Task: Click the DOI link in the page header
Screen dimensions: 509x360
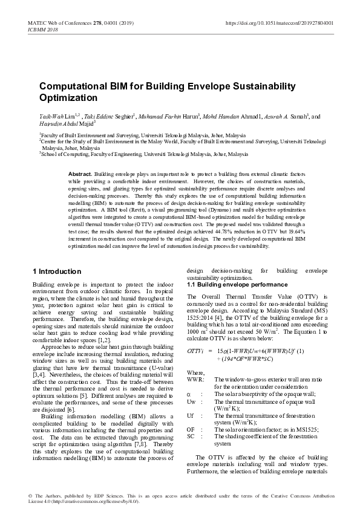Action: click(x=279, y=22)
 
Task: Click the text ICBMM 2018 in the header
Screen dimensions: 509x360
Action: click(x=43, y=29)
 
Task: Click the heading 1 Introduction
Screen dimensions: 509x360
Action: click(x=56, y=271)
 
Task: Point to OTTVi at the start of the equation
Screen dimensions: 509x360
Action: click(x=195, y=351)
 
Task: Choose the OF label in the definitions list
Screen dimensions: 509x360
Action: click(x=191, y=429)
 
